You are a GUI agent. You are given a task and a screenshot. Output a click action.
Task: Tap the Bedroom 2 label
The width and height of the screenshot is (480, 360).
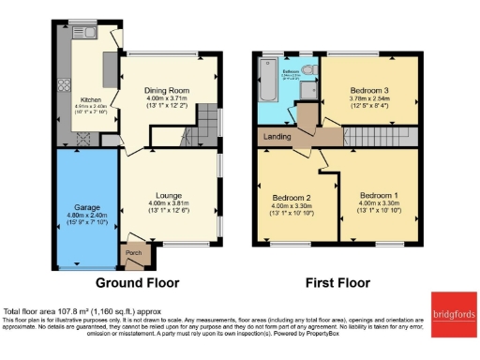(x=291, y=198)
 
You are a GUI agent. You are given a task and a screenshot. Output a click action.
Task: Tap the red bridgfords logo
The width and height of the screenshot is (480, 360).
(x=454, y=310)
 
